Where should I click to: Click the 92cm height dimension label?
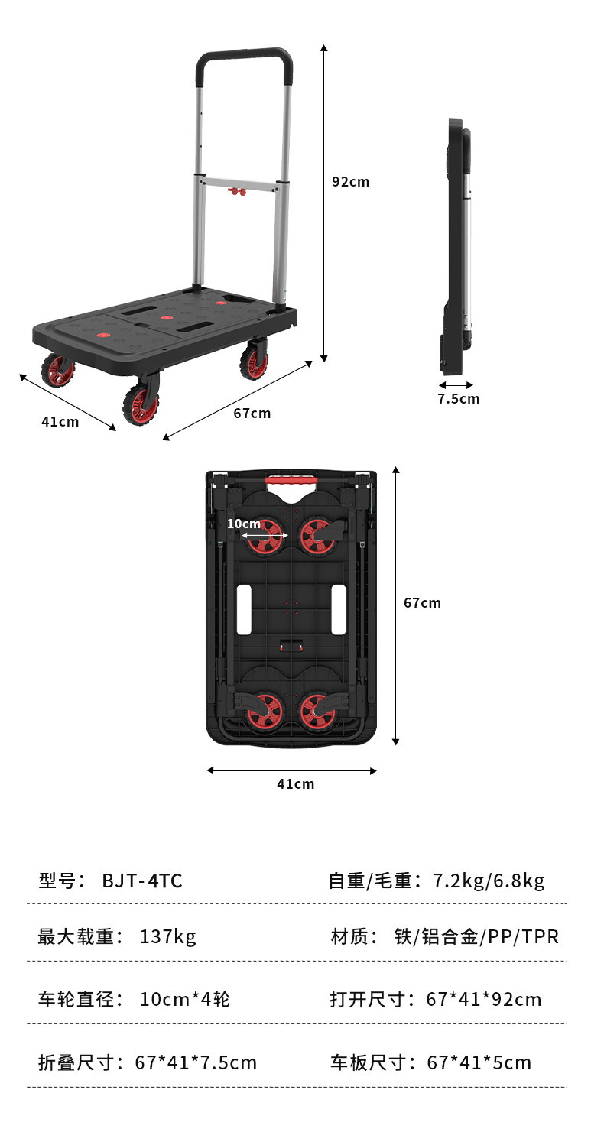point(350,182)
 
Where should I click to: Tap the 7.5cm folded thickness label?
point(459,399)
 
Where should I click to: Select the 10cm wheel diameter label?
point(244,524)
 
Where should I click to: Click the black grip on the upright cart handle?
point(244,60)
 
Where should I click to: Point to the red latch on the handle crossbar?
point(236,192)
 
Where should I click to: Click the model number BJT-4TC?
point(142,881)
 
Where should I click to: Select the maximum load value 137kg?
point(167,936)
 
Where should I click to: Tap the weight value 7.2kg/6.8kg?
point(489,881)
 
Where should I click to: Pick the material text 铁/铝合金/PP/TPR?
point(476,936)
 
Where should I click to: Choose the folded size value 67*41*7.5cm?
point(196,1062)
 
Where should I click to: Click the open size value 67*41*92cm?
point(484,1000)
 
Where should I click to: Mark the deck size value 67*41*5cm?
point(479,1062)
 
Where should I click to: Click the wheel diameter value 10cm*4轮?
point(185,1000)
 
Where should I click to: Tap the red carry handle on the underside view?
point(291,480)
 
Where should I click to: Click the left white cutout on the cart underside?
point(244,609)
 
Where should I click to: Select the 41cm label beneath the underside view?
point(296,783)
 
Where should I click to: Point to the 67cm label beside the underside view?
point(422,603)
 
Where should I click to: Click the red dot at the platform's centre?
point(167,318)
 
